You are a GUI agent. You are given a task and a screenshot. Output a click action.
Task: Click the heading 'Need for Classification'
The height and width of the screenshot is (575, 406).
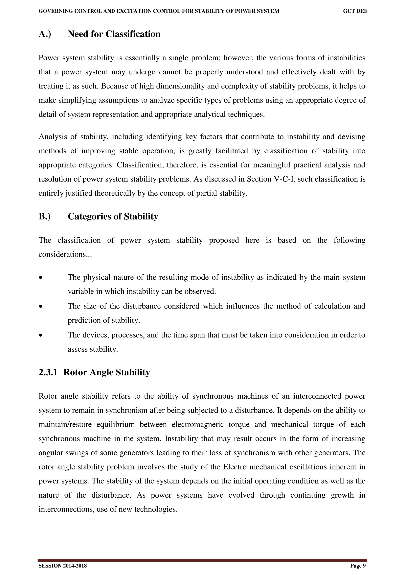coord(114,34)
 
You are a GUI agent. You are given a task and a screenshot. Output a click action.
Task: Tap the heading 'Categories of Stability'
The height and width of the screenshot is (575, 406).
coord(113,216)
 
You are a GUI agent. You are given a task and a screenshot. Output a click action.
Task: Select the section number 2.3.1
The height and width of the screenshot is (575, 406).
coord(48,372)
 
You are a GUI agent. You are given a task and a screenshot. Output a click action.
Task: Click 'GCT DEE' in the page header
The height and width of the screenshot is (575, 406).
coord(355,11)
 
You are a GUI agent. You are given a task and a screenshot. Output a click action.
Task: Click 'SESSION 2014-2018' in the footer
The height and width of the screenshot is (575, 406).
coord(62,566)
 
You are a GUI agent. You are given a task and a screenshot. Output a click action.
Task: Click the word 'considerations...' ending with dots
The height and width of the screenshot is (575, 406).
coord(65,254)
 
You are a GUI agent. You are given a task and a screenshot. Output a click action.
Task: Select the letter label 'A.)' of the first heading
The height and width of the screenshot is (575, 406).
coord(45,34)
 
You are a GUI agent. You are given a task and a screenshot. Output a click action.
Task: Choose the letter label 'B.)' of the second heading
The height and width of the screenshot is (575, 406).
coord(45,216)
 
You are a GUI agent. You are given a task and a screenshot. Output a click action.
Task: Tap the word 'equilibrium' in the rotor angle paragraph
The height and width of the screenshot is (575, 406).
coord(116,424)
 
